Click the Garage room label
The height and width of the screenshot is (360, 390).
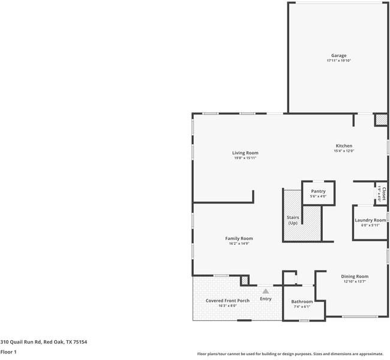338,56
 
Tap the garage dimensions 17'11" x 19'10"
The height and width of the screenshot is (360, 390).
338,61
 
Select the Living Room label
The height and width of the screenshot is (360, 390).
245,153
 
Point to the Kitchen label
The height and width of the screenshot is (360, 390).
344,146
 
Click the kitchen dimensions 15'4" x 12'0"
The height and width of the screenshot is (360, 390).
344,151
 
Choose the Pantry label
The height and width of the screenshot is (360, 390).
318,191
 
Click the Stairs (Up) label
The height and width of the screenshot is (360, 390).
293,220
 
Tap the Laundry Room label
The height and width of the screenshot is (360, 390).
370,220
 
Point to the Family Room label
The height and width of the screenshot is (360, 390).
239,238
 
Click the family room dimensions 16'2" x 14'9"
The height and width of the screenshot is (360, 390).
239,244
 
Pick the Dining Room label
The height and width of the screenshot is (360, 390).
355,276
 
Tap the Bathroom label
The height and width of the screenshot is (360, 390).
302,301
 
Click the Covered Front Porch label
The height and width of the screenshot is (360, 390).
227,300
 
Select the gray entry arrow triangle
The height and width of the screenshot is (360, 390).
265,291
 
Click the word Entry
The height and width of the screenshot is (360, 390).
265,299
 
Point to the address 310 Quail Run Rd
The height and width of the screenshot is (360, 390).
44,341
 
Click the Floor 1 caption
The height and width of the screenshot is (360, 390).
8,352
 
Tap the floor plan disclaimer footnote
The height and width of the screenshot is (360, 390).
290,353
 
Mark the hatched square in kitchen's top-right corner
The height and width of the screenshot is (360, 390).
381,120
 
